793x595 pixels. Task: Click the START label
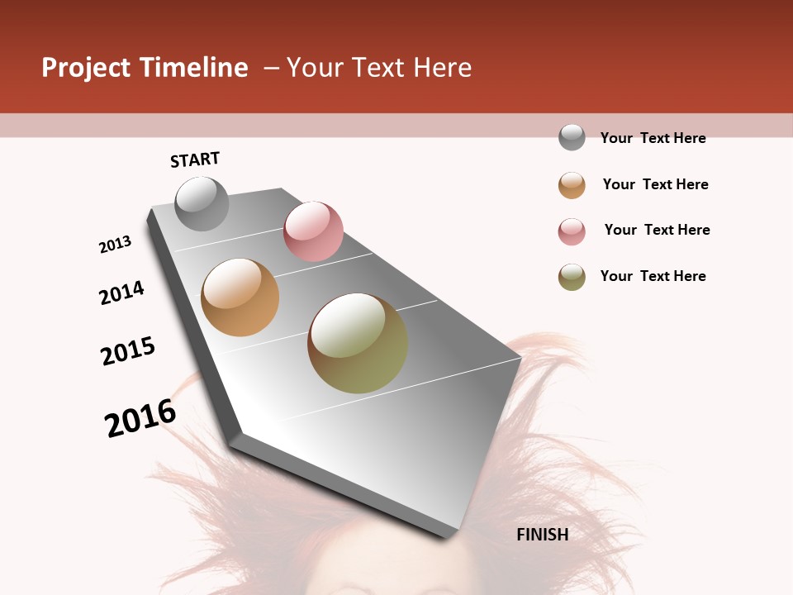pos(195,159)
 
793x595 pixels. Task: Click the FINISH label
pos(543,535)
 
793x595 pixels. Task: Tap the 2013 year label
pos(116,245)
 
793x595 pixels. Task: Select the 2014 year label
pos(122,293)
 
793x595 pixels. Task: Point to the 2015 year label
pos(128,351)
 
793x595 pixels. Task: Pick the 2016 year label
pos(140,418)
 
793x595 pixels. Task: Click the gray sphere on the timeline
pos(202,203)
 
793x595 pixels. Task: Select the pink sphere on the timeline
pos(313,231)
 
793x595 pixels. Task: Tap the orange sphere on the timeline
pos(240,297)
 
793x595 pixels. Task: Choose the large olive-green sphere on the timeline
pos(358,343)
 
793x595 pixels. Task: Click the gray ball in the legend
pos(572,137)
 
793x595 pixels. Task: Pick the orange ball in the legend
pos(572,185)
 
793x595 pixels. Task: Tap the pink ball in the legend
pos(572,231)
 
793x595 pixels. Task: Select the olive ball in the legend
pos(572,277)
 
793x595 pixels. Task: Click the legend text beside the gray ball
pos(653,138)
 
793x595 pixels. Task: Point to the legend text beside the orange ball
pos(655,184)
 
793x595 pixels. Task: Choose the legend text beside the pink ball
pos(657,230)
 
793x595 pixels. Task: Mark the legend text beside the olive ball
pos(653,276)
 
